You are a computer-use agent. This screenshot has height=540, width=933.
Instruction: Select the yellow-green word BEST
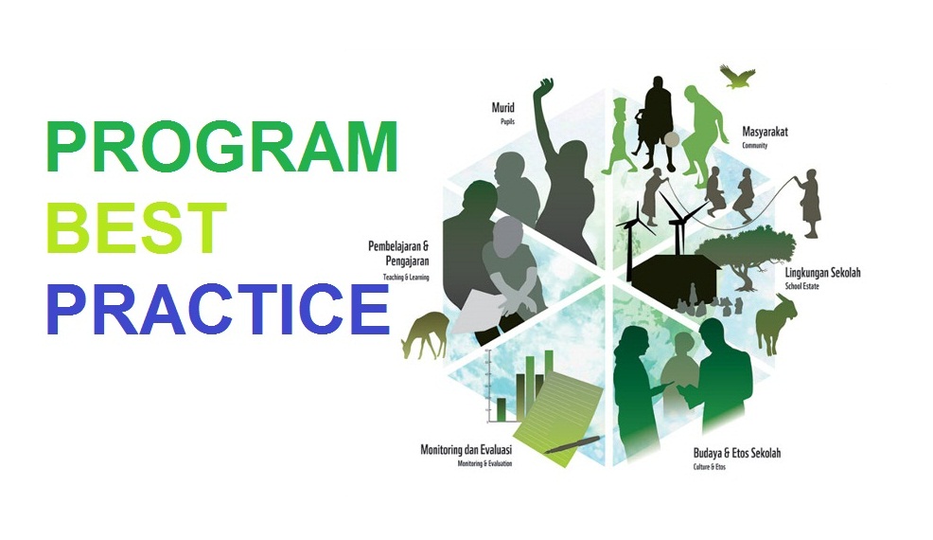pyautogui.click(x=138, y=229)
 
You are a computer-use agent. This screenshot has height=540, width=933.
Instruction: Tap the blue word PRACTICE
pyautogui.click(x=219, y=309)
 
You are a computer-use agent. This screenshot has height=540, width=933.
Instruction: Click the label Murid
pyautogui.click(x=502, y=107)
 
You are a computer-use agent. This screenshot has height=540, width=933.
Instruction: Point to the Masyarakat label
pyautogui.click(x=767, y=134)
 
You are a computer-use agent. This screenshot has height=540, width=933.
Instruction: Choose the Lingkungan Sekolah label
pyautogui.click(x=822, y=273)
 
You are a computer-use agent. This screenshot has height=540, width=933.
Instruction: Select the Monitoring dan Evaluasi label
pyautogui.click(x=466, y=449)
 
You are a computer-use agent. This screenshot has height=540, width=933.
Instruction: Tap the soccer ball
pyautogui.click(x=673, y=140)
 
